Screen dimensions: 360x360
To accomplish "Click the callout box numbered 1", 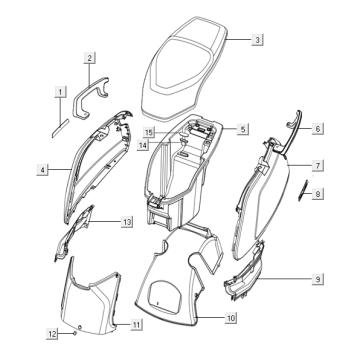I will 60,92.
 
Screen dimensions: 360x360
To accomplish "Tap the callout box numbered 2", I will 90,58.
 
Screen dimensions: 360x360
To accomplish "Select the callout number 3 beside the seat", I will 257,40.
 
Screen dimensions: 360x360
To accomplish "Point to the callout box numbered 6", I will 317,129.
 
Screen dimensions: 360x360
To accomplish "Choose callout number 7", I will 316,164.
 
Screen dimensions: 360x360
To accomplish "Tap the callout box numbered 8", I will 317,194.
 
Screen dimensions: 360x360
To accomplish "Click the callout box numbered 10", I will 231,318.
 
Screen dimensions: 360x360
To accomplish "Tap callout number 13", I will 127,219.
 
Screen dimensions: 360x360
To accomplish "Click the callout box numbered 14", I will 144,145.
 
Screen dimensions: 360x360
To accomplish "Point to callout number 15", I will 148,132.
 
